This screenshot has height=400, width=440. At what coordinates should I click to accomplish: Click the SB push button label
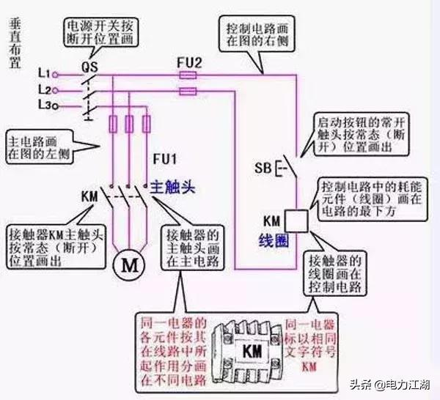click(x=263, y=167)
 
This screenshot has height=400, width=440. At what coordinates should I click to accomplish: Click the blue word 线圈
click(x=271, y=240)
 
